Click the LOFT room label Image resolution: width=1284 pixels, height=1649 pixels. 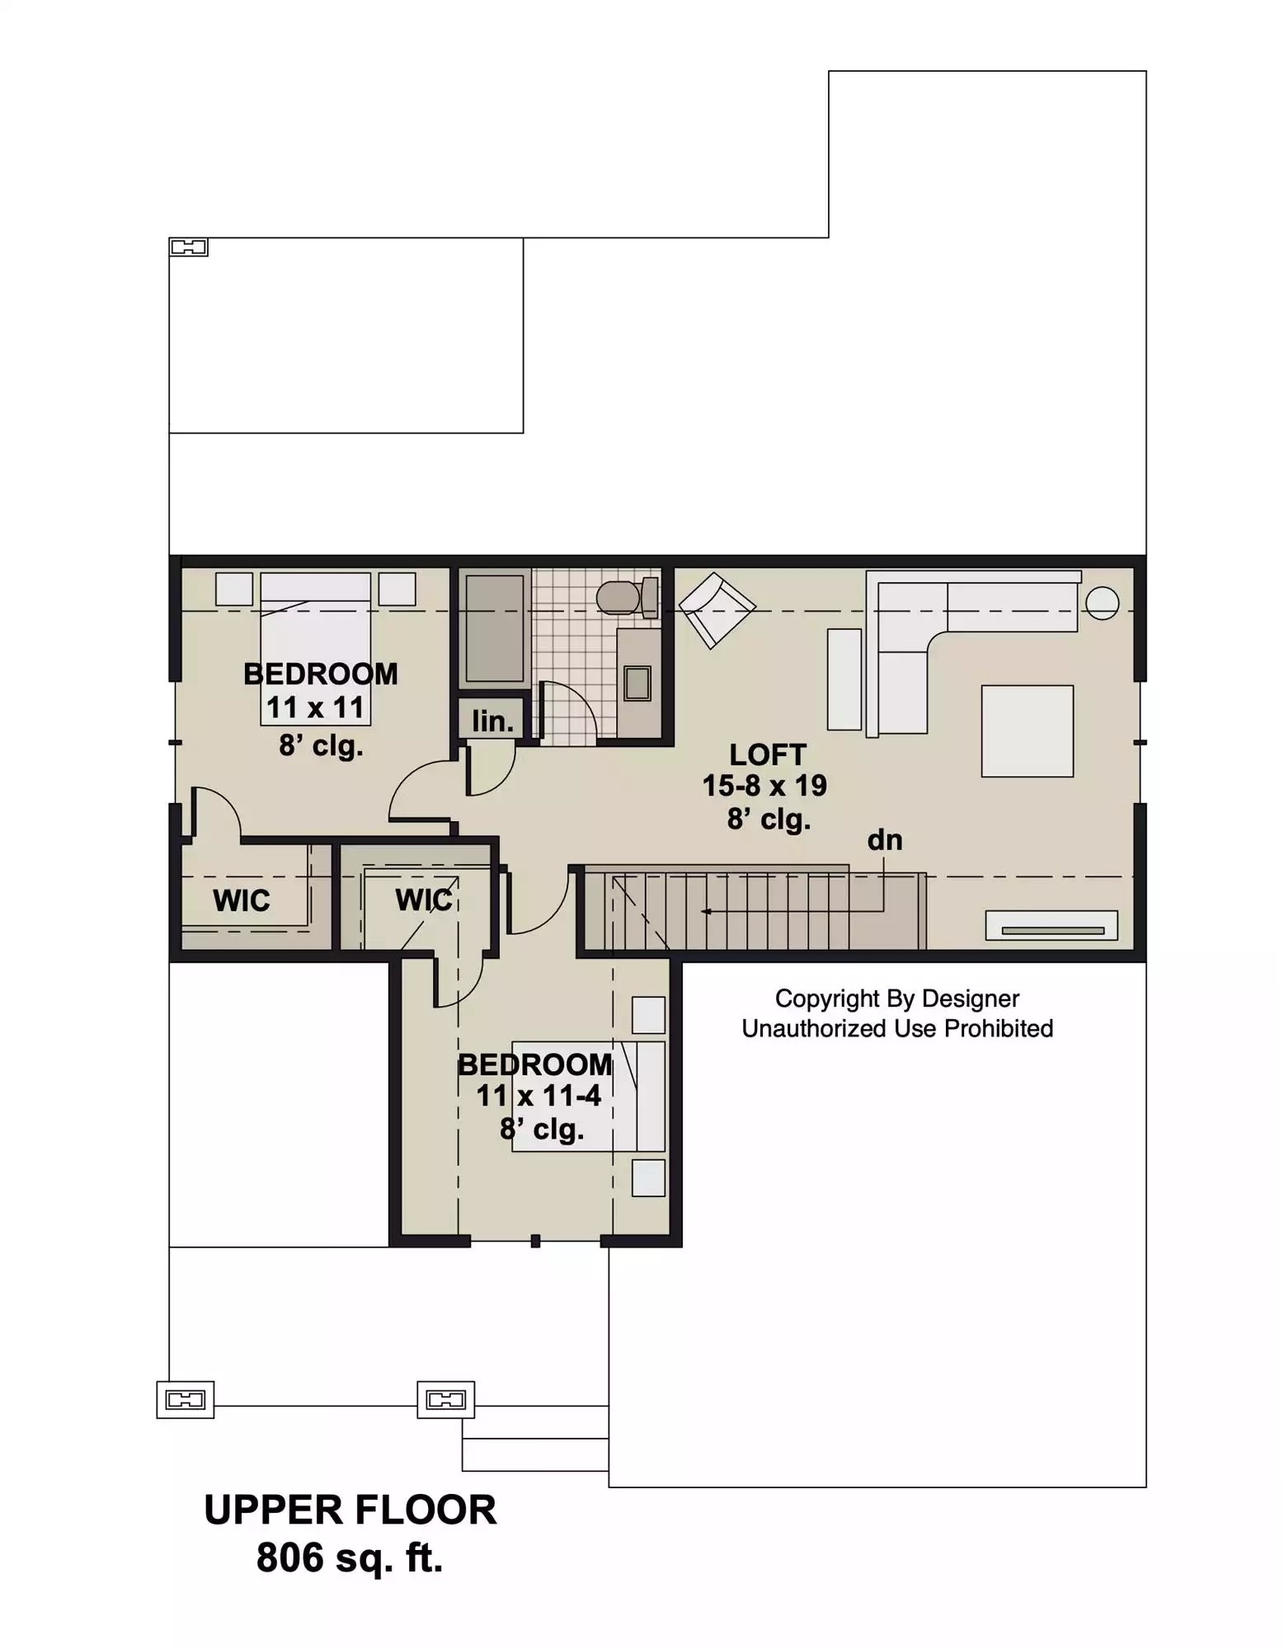pos(768,754)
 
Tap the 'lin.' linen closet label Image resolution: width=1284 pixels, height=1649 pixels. pos(493,721)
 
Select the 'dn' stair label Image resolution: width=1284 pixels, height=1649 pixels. pos(885,840)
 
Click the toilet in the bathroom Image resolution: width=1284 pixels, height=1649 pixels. pos(628,598)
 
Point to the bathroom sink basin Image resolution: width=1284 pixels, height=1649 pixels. pos(637,683)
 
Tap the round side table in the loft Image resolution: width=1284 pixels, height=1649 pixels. pos(1102,603)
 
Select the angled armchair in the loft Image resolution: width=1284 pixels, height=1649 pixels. pos(717,611)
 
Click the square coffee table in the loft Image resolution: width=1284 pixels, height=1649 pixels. pos(1028,731)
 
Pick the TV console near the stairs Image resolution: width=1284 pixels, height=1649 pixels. pos(1052,925)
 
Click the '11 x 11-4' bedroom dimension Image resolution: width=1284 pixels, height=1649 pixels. pos(539,1096)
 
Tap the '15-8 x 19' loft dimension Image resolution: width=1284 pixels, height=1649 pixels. pos(764,786)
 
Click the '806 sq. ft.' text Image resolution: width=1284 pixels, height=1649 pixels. pos(350,1557)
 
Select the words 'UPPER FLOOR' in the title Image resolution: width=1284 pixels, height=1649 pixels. pos(350,1510)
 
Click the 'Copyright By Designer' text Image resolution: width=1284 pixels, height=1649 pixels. pos(897,998)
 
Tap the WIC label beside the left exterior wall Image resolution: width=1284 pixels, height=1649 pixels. pos(242,900)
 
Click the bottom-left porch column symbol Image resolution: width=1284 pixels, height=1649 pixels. pos(186,1399)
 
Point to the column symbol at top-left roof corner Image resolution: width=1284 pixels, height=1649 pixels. pos(188,247)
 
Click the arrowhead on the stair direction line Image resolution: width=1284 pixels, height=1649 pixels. pos(706,911)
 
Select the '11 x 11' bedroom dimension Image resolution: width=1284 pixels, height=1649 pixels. pos(315,707)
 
